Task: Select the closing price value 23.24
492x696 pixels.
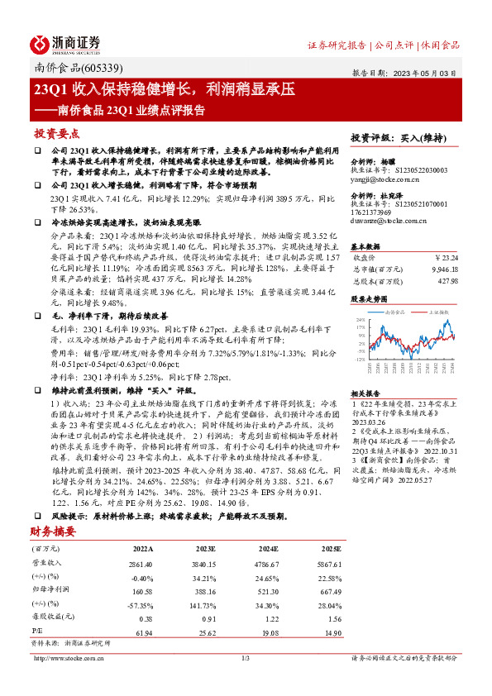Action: point(447,258)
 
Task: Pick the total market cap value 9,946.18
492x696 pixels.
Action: point(441,269)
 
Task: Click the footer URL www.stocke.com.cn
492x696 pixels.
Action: point(84,658)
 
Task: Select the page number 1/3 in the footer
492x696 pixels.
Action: point(246,658)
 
